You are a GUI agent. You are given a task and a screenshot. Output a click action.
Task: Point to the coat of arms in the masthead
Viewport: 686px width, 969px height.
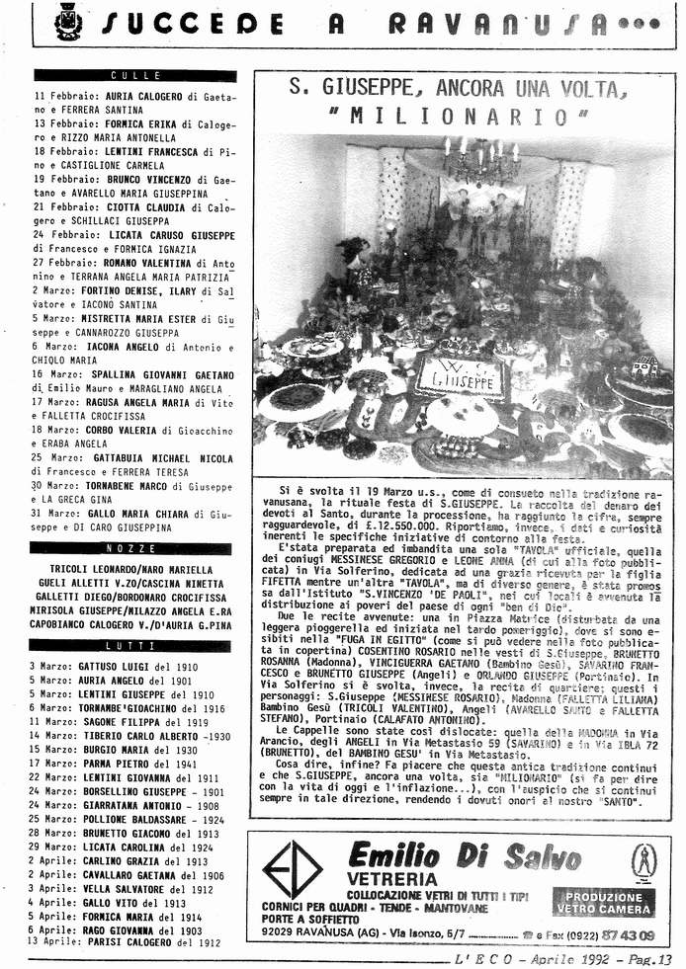tap(67, 22)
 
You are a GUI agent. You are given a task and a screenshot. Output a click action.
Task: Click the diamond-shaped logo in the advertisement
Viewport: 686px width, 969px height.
tap(292, 869)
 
